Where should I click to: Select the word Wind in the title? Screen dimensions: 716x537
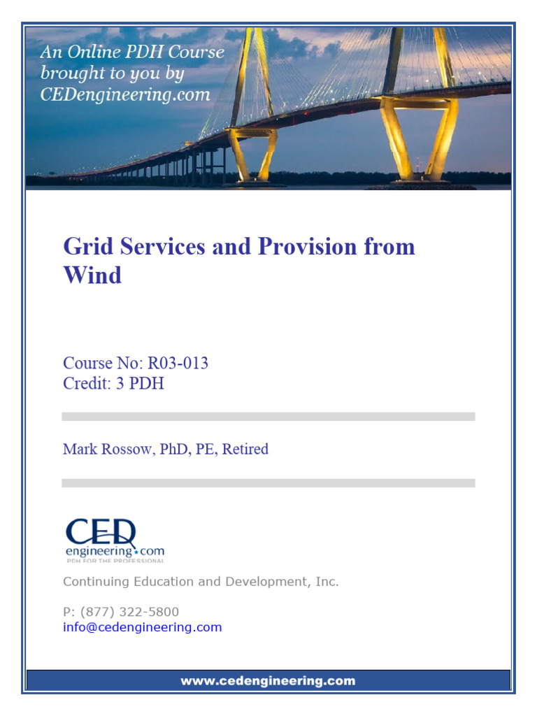coord(92,275)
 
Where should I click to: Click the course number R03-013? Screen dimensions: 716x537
coord(177,364)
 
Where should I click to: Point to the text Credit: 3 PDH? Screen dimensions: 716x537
coord(113,384)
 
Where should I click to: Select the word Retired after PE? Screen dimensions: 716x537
coord(245,449)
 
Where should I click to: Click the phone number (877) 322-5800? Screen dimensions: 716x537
coord(129,612)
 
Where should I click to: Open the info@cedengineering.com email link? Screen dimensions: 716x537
coord(142,627)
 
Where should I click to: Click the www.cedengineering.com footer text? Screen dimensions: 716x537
coord(268,680)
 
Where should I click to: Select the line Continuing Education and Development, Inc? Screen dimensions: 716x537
coord(201,581)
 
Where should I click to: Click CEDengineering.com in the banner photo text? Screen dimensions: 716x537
coord(125,94)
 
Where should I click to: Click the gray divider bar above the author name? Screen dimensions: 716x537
coord(268,417)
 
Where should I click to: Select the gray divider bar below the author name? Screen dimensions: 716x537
coord(268,482)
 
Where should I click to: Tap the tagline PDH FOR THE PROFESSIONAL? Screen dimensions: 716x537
coord(115,561)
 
